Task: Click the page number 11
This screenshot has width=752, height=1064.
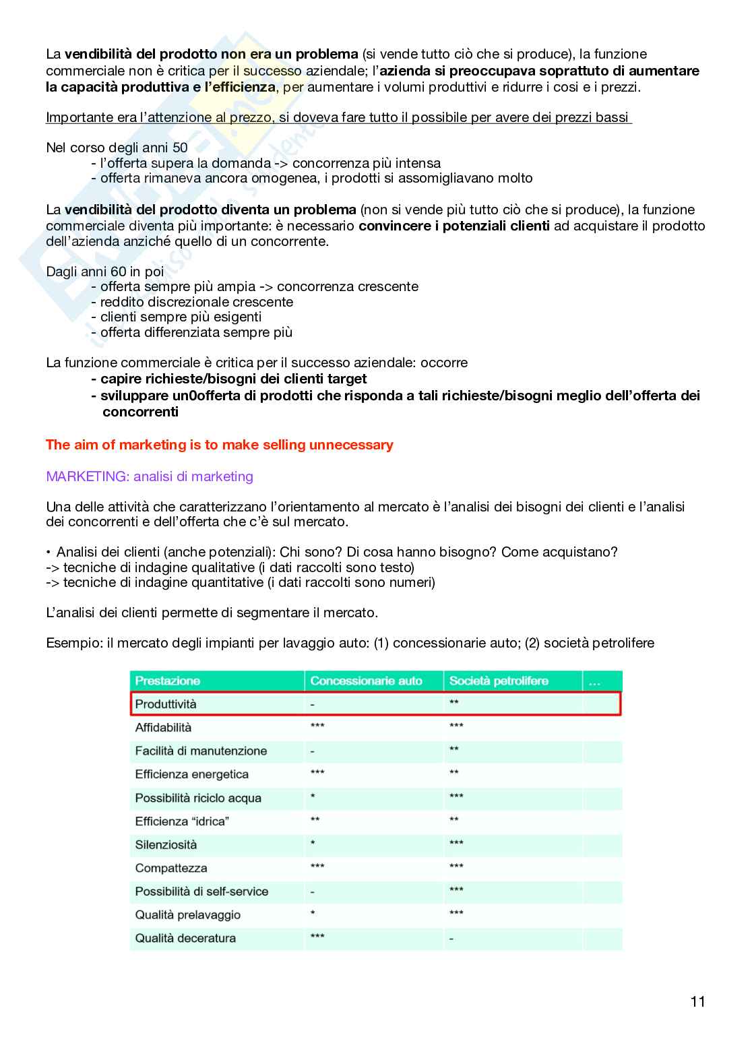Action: [x=697, y=1001]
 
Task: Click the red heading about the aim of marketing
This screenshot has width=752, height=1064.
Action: [x=219, y=445]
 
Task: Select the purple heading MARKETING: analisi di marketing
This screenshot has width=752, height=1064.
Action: [x=150, y=476]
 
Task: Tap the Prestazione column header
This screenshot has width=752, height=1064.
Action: [x=168, y=681]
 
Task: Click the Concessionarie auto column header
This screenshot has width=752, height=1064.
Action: [x=366, y=681]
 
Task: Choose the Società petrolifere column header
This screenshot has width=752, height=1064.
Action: [x=499, y=681]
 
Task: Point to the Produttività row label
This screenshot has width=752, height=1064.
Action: [x=166, y=704]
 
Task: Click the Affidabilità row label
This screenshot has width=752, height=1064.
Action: [x=163, y=728]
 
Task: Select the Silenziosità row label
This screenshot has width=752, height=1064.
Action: [x=166, y=845]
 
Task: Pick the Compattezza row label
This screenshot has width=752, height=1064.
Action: [x=171, y=868]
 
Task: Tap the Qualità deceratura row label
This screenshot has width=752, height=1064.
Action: [x=185, y=938]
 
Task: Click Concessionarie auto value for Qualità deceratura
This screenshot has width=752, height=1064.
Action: [x=317, y=937]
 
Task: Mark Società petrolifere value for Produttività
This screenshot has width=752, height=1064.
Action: [x=454, y=703]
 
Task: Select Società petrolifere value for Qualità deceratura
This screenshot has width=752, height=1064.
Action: [x=451, y=939]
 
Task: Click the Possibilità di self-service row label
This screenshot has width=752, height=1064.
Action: [x=201, y=891]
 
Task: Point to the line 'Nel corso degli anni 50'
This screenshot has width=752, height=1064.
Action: [x=117, y=148]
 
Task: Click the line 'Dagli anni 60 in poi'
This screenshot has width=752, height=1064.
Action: [x=105, y=272]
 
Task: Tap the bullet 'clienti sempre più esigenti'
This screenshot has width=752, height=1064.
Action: [x=181, y=317]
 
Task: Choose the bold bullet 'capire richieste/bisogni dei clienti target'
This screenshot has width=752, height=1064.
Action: [x=233, y=379]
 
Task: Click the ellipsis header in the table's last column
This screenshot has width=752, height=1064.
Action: [x=594, y=681]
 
